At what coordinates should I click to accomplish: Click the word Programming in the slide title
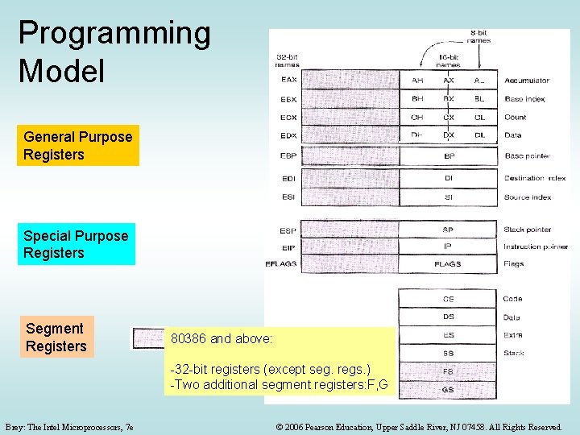click(114, 34)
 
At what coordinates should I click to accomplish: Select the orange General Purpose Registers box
click(77, 146)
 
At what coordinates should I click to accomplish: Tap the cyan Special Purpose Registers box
click(76, 244)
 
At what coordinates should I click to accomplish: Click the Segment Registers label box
click(56, 338)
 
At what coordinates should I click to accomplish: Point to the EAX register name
click(288, 80)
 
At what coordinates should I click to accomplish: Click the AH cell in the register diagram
click(417, 81)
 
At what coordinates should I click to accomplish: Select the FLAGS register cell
click(448, 263)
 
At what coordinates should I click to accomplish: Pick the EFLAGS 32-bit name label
click(281, 263)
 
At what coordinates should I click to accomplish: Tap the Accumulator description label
click(527, 81)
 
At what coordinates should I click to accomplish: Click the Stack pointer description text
click(528, 230)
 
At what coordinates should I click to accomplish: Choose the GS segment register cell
click(448, 390)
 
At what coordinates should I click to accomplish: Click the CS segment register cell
click(448, 299)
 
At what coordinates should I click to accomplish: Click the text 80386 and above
click(222, 338)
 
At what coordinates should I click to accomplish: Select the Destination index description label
click(535, 178)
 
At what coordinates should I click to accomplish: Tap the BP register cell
click(448, 155)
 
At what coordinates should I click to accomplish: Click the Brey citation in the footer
click(69, 426)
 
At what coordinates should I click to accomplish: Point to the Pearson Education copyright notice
click(419, 426)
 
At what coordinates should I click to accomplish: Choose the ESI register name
click(288, 197)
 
